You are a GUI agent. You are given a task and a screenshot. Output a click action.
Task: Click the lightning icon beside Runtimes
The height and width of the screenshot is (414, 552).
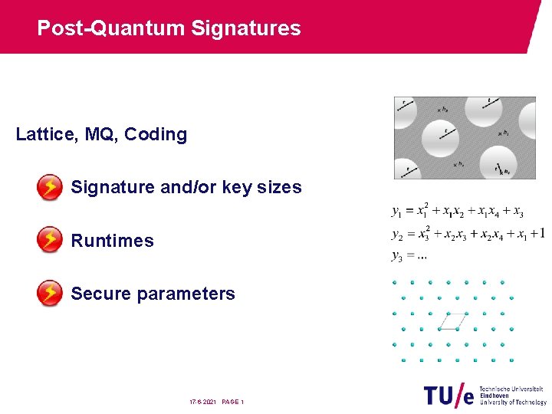[x=50, y=240]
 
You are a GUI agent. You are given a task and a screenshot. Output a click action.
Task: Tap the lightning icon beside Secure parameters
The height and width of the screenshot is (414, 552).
[x=50, y=293]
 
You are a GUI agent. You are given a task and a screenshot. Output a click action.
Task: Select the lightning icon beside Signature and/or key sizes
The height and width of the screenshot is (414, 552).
[x=50, y=187]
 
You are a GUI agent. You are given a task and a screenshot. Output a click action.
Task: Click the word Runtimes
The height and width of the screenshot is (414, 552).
[x=112, y=241]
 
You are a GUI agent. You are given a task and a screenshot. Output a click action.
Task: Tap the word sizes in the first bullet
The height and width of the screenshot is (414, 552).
[x=281, y=187]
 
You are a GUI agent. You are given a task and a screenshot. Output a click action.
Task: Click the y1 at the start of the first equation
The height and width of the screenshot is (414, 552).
[x=397, y=211]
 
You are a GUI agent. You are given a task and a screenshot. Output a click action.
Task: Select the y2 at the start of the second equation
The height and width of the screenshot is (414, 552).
[x=397, y=234]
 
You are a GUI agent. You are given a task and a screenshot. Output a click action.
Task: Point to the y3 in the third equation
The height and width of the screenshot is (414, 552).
[x=397, y=255]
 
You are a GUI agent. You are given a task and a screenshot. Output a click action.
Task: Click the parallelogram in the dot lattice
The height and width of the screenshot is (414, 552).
[x=453, y=321]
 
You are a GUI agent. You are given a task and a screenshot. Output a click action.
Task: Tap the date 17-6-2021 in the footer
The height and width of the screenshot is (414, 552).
[x=203, y=402]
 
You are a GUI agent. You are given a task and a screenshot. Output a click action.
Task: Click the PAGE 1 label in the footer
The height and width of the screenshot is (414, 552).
[x=232, y=402]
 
